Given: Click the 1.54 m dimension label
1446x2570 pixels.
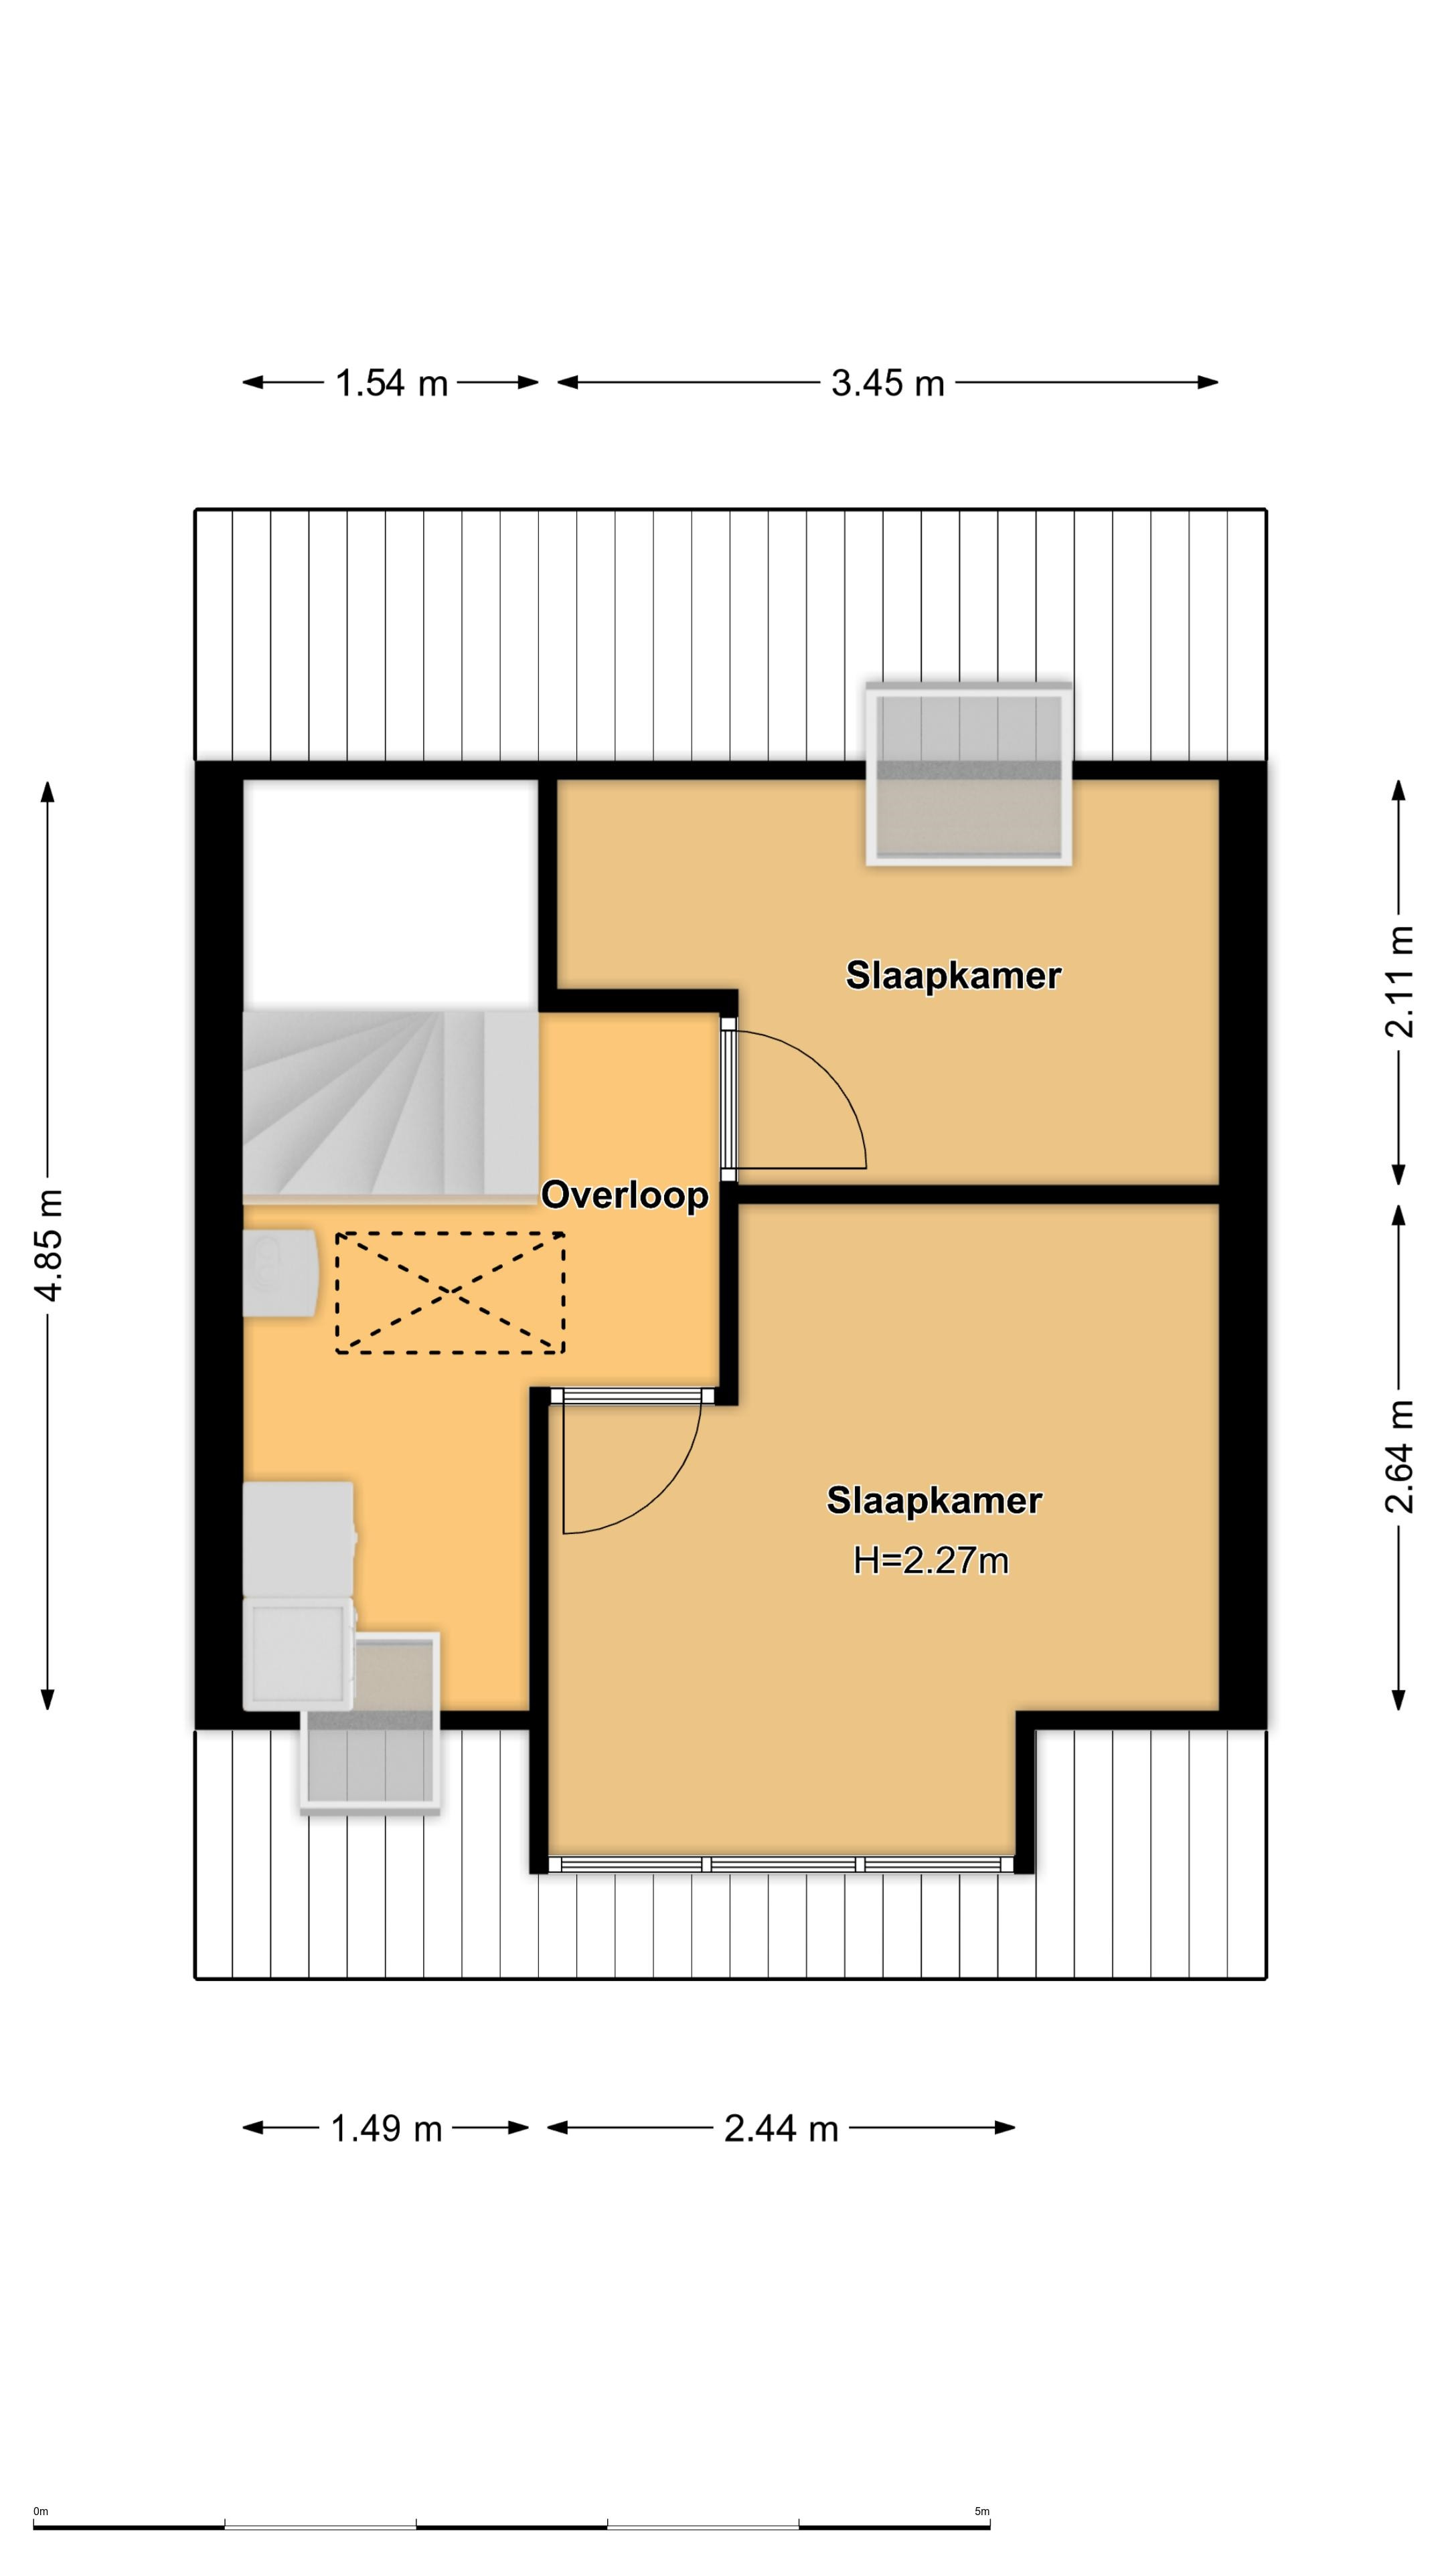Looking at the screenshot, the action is point(391,383).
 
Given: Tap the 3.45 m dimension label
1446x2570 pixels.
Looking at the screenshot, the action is point(887,383).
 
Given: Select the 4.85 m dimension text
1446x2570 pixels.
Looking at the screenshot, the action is point(49,1245).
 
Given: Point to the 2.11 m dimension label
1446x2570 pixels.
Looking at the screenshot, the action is point(1399,982).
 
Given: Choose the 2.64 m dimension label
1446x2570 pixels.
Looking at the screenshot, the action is point(1399,1456).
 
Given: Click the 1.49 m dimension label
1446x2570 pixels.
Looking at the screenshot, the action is point(386,2128).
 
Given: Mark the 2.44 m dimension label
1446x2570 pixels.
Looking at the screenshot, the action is point(781,2128).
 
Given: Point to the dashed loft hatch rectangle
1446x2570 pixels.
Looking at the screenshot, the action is point(450,1293).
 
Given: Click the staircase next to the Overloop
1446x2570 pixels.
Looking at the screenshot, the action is point(391,1104).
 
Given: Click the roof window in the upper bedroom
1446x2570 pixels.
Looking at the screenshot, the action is point(969,773).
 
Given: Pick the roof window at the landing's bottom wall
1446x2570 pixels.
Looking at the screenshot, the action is point(370,1723).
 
